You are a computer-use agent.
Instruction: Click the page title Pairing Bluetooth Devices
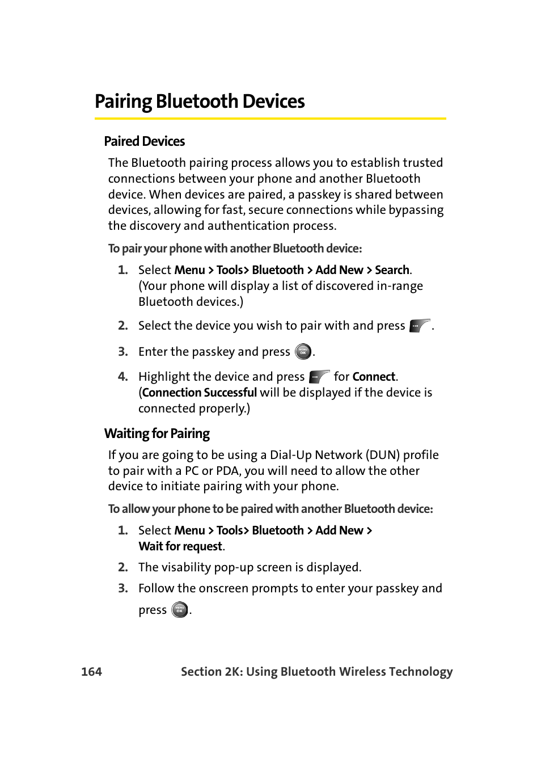pos(200,102)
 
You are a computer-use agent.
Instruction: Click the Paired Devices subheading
pos(144,141)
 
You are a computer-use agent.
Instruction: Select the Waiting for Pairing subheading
pos(157,433)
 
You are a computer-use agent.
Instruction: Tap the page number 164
pos(91,672)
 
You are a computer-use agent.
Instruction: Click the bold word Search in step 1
pos(392,270)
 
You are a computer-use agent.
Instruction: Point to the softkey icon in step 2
pos(420,326)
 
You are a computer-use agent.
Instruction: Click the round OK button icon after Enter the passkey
pos(303,352)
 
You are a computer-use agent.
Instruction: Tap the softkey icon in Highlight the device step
pos(319,377)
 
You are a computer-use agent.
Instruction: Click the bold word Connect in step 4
pos(374,377)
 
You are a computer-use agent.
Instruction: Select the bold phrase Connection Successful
pos(200,393)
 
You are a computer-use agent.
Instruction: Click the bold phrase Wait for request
pos(180,546)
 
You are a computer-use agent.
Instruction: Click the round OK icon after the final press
pos(180,610)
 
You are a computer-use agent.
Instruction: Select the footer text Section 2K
pos(211,672)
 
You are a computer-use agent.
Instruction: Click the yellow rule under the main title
pos(270,119)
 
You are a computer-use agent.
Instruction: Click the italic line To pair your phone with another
pos(235,249)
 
